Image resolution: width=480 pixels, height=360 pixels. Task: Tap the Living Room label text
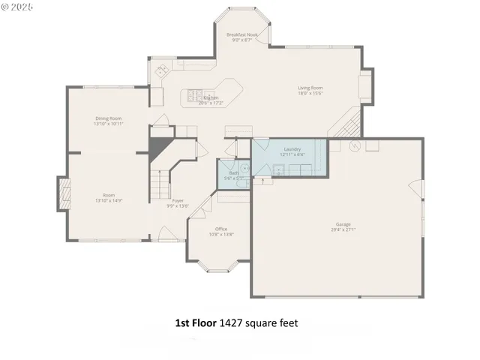[x=310, y=88]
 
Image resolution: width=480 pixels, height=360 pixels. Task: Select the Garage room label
[x=343, y=224]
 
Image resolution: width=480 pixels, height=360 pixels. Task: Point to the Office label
[x=221, y=229]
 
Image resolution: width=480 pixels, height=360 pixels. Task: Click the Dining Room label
[x=108, y=118]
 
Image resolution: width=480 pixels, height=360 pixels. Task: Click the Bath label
[x=234, y=173]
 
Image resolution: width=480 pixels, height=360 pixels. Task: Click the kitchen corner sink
[x=160, y=72]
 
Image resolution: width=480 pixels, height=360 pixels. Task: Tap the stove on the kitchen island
[x=194, y=94]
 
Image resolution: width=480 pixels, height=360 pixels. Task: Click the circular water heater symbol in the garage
[x=356, y=145]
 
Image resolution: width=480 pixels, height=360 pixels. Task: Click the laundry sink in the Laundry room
[x=277, y=169]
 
